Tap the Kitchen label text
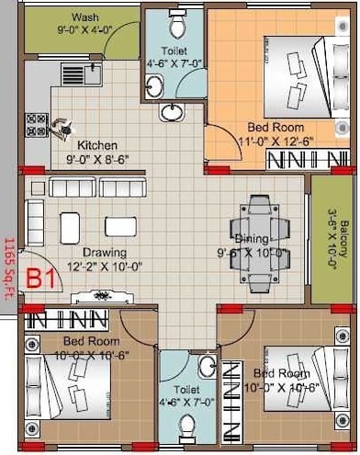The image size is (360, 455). point(96,145)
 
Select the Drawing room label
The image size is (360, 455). point(97,253)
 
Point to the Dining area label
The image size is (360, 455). point(252,238)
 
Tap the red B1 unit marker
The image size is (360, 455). point(39,278)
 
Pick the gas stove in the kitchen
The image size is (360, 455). point(37,124)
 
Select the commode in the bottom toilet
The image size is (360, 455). point(186,426)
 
